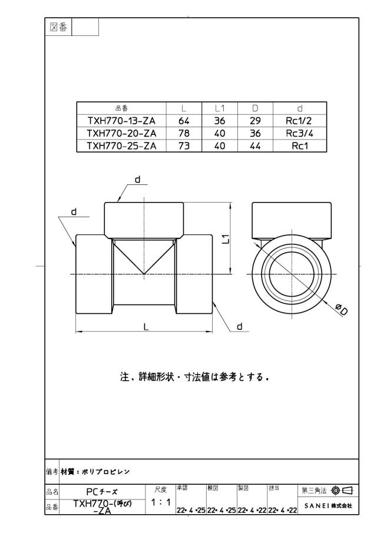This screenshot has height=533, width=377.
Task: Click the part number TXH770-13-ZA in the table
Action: pos(121,121)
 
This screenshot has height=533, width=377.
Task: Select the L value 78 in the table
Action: pos(184,133)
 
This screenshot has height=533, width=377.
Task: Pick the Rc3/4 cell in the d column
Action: pos(299,133)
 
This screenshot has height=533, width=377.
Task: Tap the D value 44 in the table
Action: pos(255,146)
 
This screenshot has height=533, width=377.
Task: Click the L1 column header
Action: pos(220,108)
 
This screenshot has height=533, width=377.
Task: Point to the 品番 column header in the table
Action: pos(121,108)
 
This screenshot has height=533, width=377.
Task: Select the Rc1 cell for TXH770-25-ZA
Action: pos(299,146)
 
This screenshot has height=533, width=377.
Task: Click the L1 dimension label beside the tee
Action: pos(227,239)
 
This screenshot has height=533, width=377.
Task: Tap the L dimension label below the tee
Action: pos(146,327)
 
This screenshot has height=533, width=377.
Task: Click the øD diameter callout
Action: pos(341,309)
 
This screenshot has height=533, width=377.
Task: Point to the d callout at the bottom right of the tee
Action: pos(240,326)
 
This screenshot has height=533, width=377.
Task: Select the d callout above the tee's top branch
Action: pos(138,179)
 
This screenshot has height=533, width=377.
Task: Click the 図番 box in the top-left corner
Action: pos(58,27)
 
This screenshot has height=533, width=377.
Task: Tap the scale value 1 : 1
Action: pos(161,502)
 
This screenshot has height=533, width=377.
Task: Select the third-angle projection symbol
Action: pos(343,490)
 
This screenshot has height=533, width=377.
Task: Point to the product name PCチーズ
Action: pos(102,492)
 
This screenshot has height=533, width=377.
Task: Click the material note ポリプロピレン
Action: pos(105,472)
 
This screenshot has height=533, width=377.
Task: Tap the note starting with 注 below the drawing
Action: pos(194,377)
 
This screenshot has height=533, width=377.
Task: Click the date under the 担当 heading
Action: pos(283,510)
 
